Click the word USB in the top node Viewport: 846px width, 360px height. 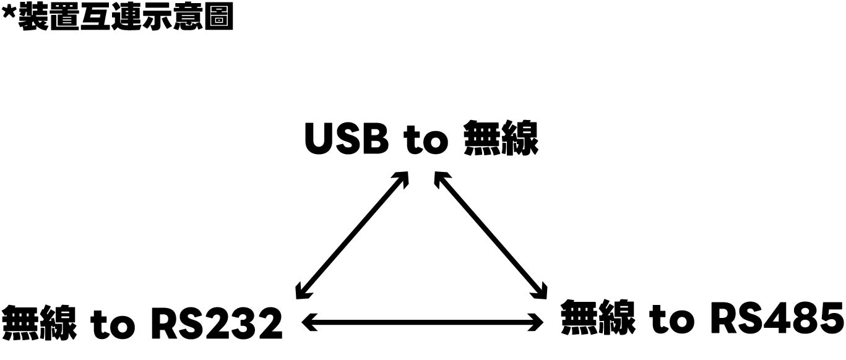[347, 139]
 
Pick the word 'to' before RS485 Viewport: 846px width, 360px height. [671, 319]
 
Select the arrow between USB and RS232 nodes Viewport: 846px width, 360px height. [352, 235]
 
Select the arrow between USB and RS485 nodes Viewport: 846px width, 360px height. [491, 235]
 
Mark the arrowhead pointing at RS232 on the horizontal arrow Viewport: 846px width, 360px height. [308, 322]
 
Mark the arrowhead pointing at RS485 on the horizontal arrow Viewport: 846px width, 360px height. [536, 322]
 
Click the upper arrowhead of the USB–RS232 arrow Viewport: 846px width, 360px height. [402, 178]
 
